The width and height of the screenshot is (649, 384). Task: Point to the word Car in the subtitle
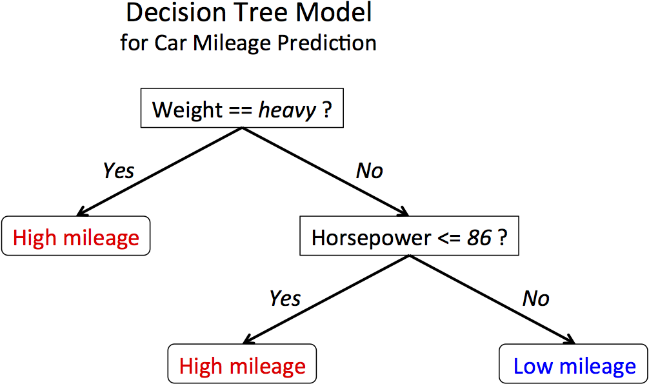170,43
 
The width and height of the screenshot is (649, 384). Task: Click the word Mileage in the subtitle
234,43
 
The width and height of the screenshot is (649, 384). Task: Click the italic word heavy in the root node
287,110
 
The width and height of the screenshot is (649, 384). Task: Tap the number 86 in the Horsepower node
479,238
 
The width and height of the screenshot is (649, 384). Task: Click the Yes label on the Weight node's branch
119,170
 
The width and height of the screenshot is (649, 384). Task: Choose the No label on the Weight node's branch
369,170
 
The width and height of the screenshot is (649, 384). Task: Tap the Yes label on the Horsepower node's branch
285,298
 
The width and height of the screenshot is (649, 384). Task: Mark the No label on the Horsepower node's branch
535,298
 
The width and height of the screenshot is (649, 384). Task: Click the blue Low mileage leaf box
574,367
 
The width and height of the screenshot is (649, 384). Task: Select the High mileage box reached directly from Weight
76,237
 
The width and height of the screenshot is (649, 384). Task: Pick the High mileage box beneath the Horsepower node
242,367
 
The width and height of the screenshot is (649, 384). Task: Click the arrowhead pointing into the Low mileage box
570,340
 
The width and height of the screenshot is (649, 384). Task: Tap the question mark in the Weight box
327,110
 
